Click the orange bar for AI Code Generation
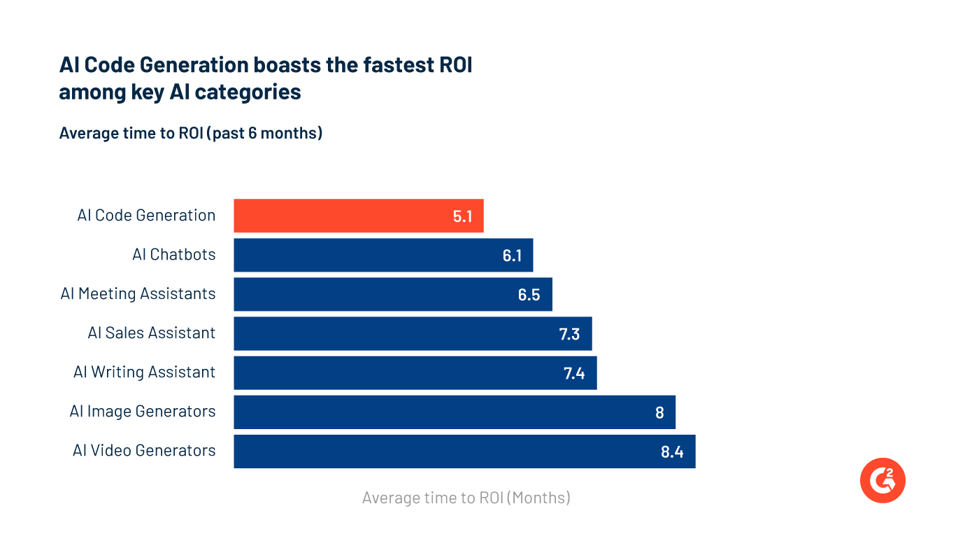coord(358,216)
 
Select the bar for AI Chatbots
coord(383,255)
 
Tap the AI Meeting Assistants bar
coord(392,294)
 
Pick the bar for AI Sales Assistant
coord(413,333)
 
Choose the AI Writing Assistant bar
coord(415,372)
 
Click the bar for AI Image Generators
coord(455,412)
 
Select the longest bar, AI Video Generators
coord(464,451)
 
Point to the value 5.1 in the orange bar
coord(462,216)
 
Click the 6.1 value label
coord(512,255)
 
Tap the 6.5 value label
coord(529,295)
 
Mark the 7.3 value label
coord(569,334)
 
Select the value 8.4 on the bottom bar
coord(671,451)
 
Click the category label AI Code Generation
coord(146,216)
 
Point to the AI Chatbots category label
coord(173,255)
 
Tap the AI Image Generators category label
coord(143,412)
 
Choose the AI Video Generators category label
coord(144,451)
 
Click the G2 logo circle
coord(882,479)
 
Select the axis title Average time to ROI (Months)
coord(466,498)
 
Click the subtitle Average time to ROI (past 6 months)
coord(191,133)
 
